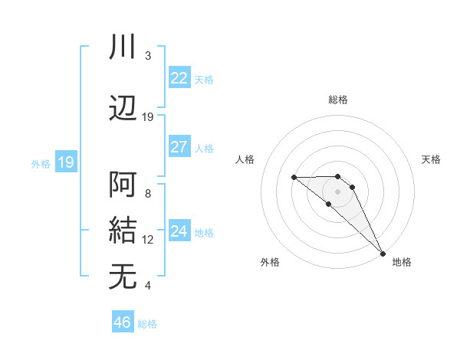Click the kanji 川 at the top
(x=123, y=47)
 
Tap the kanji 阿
(x=123, y=185)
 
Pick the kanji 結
(x=123, y=231)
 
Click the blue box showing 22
(x=179, y=78)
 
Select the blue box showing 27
(x=179, y=147)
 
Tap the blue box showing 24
(x=179, y=231)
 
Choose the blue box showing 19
(x=65, y=162)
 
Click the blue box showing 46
(x=123, y=322)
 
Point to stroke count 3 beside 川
(x=148, y=56)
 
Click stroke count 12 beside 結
(x=148, y=240)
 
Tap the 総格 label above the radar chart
(x=338, y=100)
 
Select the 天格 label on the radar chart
(x=431, y=159)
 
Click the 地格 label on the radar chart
(x=402, y=262)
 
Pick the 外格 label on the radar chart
(x=270, y=262)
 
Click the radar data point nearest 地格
(x=383, y=253)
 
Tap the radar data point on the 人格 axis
(x=294, y=177)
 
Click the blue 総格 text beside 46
(x=147, y=324)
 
